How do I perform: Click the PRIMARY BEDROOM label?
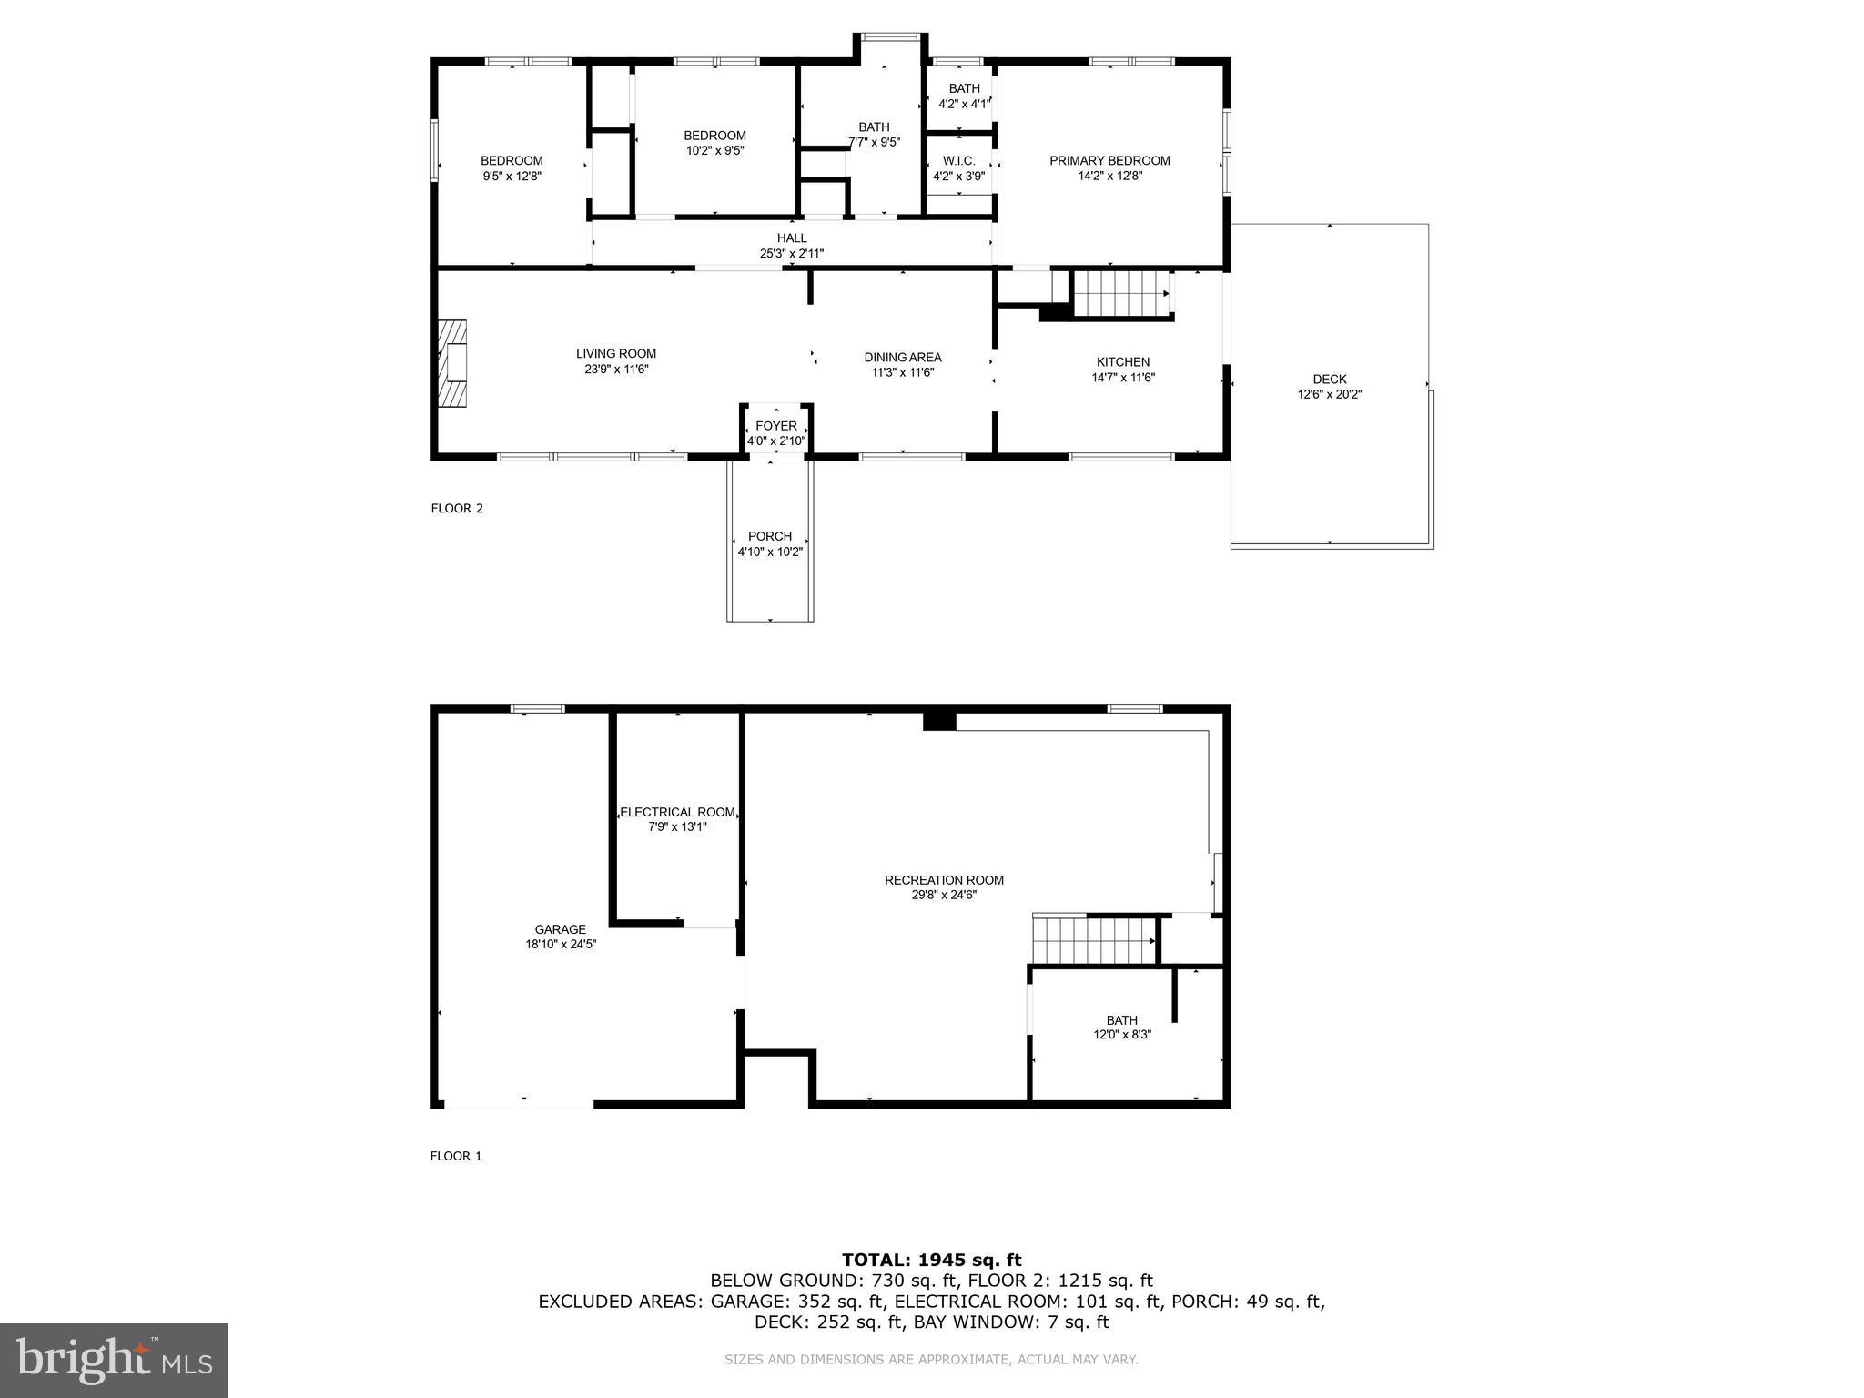click(1109, 161)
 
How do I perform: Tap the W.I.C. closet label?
click(958, 161)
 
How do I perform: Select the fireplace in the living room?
click(452, 363)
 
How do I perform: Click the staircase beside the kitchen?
click(1119, 293)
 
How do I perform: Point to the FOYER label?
click(775, 426)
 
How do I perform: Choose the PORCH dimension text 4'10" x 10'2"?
click(770, 552)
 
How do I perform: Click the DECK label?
click(1329, 380)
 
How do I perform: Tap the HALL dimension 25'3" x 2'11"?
click(792, 254)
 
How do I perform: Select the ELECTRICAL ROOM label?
click(677, 812)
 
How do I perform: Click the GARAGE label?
click(560, 929)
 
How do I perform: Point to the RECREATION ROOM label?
click(944, 880)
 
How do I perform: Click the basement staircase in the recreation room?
click(1092, 940)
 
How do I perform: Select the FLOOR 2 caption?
click(457, 509)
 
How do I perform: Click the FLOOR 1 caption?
click(456, 1156)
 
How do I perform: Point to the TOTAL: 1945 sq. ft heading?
click(931, 1260)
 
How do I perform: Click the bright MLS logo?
click(114, 1360)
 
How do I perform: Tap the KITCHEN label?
click(1122, 362)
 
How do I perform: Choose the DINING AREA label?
click(902, 358)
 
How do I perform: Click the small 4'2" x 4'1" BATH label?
click(964, 88)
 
